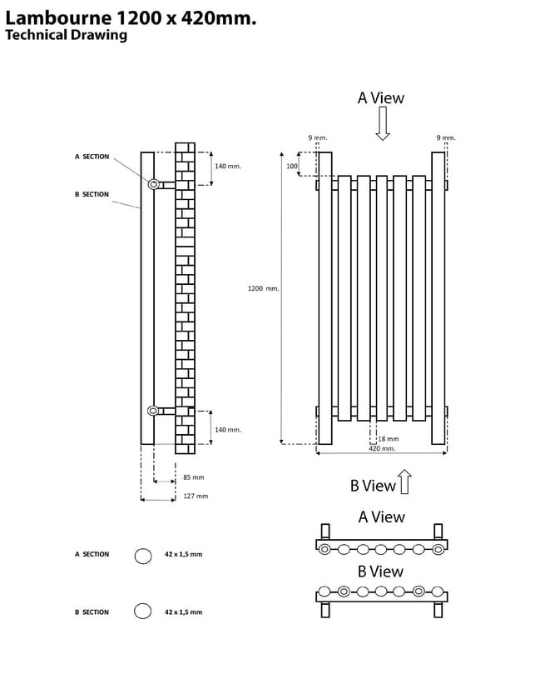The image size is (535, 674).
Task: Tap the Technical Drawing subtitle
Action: pyautogui.click(x=66, y=35)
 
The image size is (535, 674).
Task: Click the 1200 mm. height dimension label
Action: pyautogui.click(x=263, y=288)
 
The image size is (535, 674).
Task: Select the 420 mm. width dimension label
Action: pyautogui.click(x=382, y=448)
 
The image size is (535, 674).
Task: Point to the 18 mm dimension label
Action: pyautogui.click(x=388, y=438)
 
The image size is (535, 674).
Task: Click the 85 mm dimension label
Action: pyautogui.click(x=193, y=477)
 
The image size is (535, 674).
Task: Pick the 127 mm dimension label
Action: pyautogui.click(x=195, y=496)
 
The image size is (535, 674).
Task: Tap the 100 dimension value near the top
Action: pyautogui.click(x=292, y=167)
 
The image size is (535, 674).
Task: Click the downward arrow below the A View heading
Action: pyautogui.click(x=382, y=123)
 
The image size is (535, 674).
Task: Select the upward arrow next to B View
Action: pyautogui.click(x=404, y=482)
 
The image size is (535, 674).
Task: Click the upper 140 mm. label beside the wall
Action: pyautogui.click(x=227, y=167)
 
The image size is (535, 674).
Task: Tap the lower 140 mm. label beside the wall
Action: pyautogui.click(x=227, y=430)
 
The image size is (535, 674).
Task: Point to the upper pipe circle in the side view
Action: pyautogui.click(x=153, y=184)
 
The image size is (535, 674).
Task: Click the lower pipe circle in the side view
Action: pyautogui.click(x=153, y=410)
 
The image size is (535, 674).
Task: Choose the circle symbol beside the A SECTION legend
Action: pyautogui.click(x=143, y=557)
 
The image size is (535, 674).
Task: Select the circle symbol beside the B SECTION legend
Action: pyautogui.click(x=143, y=611)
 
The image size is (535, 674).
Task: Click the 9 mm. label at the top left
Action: pyautogui.click(x=318, y=137)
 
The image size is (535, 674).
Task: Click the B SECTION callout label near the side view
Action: pyautogui.click(x=92, y=194)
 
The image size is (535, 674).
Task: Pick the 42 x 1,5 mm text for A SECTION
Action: pyautogui.click(x=183, y=554)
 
